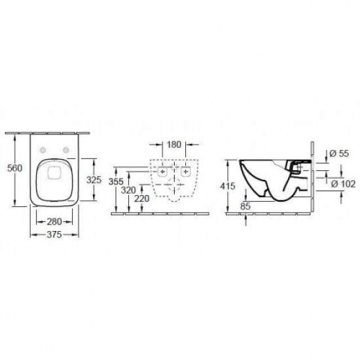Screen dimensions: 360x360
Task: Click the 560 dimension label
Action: pos(14,168)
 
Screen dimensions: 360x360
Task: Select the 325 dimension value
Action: pos(94,180)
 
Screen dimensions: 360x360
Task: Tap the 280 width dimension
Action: pos(54,221)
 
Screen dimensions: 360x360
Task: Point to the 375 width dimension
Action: pos(54,234)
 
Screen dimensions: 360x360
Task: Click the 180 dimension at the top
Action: pos(174,145)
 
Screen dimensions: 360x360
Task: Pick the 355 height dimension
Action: pos(116,181)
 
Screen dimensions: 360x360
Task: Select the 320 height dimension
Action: pos(128,190)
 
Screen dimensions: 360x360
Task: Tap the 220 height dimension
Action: pos(141,198)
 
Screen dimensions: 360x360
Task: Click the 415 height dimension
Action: pos(228,186)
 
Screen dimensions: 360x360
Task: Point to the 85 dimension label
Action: pos(245,206)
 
